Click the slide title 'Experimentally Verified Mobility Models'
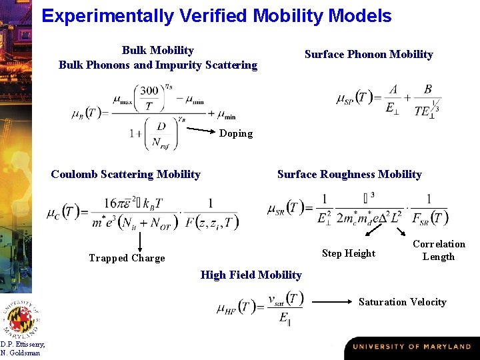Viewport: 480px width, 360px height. pos(216,15)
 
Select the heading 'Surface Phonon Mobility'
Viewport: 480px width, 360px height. pos(369,55)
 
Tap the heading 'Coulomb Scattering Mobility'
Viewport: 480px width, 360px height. pos(125,175)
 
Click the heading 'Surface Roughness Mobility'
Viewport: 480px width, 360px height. pos(349,175)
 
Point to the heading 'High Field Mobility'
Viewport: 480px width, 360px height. pos(251,275)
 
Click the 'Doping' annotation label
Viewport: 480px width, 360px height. pos(236,133)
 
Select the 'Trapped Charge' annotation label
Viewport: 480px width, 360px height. pos(127,258)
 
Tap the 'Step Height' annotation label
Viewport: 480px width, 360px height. pos(348,253)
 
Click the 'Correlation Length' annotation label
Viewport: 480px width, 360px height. pos(439,250)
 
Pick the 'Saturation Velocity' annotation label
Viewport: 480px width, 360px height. pos(402,302)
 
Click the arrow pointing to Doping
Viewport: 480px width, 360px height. pos(199,127)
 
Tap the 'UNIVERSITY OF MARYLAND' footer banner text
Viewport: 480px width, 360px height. pos(411,347)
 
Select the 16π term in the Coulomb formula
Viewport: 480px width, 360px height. pos(114,203)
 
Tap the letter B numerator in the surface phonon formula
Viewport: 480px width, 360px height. pos(427,89)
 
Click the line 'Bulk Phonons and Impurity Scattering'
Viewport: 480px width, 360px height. pos(158,65)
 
